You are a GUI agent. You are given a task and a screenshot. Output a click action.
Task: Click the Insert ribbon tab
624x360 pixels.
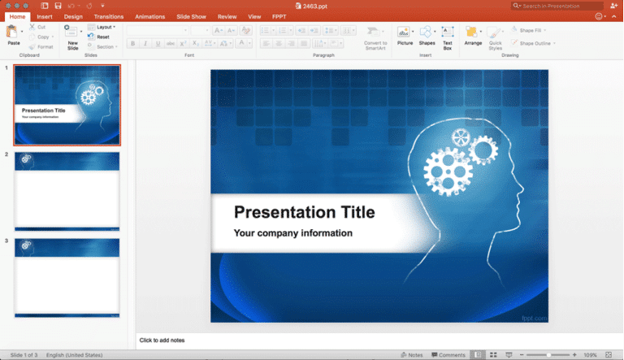(x=45, y=16)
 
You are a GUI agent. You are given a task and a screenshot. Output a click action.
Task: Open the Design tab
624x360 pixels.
(x=73, y=16)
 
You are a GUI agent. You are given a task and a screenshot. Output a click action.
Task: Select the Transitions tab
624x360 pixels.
(x=108, y=16)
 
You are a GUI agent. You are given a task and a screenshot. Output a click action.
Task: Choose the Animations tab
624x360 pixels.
(x=149, y=16)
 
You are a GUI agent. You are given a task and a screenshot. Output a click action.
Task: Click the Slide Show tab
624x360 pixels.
(x=192, y=16)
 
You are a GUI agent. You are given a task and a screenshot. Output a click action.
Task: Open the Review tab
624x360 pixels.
(x=227, y=16)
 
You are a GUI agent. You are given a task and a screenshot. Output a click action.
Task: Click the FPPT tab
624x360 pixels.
(x=279, y=16)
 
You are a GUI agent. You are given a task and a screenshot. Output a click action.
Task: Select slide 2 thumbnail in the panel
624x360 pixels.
(x=67, y=191)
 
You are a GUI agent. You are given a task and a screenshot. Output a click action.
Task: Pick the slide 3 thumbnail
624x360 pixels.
(x=67, y=276)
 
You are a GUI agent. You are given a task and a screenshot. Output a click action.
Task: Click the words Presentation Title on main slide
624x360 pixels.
(x=304, y=213)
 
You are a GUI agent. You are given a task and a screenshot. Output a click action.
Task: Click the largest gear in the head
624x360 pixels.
(x=444, y=171)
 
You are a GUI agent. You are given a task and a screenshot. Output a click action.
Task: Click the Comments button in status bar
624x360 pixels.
(x=448, y=355)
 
